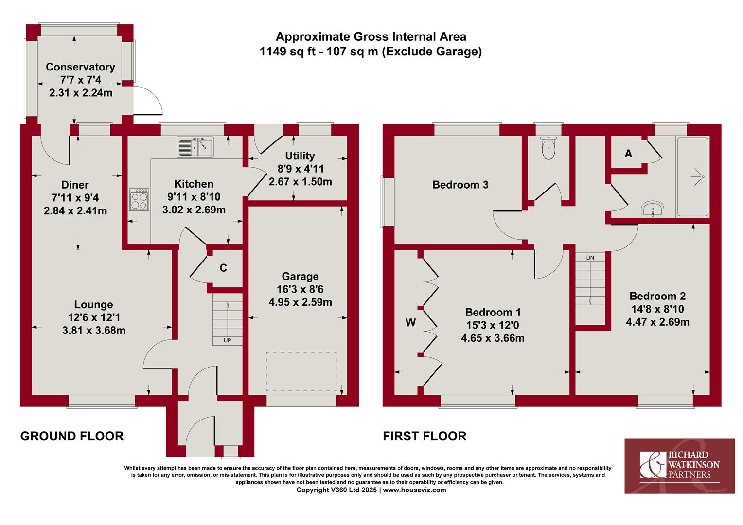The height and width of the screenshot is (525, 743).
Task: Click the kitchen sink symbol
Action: tap(195, 147)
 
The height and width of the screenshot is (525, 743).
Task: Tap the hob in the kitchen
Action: tap(139, 199)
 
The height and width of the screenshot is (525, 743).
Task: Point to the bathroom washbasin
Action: tap(653, 209)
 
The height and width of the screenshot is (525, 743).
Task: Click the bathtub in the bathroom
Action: tap(693, 176)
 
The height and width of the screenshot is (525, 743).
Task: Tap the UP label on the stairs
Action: tap(227, 340)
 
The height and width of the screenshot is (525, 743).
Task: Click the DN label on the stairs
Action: tap(590, 258)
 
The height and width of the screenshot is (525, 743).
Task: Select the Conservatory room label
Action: tap(80, 67)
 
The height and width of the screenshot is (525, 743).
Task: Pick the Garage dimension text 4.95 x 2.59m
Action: tap(300, 302)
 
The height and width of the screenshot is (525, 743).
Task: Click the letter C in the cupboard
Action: tap(223, 268)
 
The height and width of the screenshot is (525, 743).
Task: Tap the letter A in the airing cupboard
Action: tap(628, 154)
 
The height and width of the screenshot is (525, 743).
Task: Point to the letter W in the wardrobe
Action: tap(410, 322)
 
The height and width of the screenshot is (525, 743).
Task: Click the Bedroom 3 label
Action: tap(460, 185)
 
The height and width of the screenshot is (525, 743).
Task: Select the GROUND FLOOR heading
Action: tap(72, 436)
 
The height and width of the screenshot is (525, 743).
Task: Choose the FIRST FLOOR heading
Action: tap(425, 436)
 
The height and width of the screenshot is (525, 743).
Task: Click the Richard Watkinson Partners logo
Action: tap(680, 466)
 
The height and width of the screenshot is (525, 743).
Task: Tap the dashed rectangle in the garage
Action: tap(301, 371)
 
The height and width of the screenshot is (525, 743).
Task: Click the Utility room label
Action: tap(300, 156)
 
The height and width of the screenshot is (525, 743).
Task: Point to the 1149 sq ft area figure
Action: tap(287, 52)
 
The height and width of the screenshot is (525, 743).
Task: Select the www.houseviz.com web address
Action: tap(415, 490)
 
